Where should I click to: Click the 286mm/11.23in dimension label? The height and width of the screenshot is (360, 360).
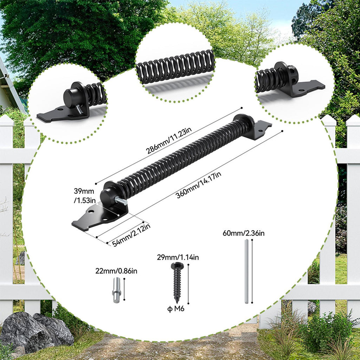169,141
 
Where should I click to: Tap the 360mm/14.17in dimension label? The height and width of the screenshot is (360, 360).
198,185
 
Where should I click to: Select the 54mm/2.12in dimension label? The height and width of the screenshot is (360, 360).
131,235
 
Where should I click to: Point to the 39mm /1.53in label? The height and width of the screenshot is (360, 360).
84,195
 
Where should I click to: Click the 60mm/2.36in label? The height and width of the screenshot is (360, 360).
244,233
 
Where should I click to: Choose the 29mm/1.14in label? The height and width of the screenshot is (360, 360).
178,257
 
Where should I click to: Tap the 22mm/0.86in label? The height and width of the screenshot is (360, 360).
116,271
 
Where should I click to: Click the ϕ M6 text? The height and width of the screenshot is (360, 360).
176,309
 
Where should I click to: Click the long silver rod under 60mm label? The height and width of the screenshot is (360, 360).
246,271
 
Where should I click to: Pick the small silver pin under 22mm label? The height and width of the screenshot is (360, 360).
117,290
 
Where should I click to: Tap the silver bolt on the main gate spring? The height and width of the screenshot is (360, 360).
121,201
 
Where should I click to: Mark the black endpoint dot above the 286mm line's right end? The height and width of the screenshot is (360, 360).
242,108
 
